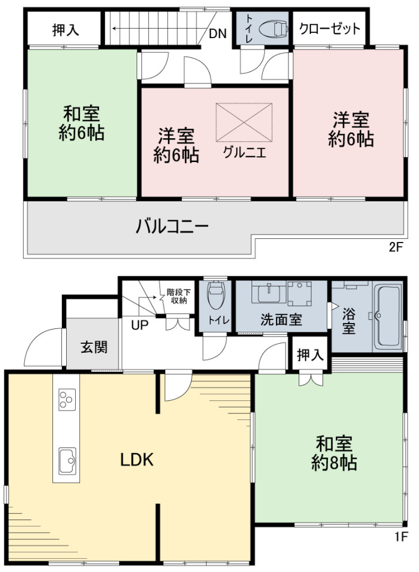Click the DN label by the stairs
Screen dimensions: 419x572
218,34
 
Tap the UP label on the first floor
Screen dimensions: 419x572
140,324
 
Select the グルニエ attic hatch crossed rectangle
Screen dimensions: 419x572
244,122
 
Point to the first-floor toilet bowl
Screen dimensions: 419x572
216,295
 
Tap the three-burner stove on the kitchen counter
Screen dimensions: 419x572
67,399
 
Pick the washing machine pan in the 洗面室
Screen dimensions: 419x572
299,294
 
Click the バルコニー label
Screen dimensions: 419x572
172,226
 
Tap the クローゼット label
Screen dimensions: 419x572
330,29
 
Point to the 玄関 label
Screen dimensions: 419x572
94,347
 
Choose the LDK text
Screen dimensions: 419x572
137,460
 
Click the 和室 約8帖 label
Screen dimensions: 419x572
334,453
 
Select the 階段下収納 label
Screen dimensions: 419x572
176,297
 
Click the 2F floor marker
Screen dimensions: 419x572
395,248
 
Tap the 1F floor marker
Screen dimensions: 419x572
400,537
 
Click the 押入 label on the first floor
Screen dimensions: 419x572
311,355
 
